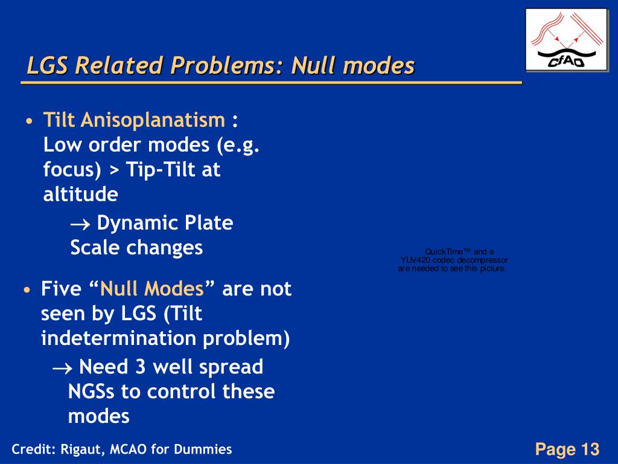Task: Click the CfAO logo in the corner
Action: click(565, 40)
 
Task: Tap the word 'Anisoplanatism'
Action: click(153, 121)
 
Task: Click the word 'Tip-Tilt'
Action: click(161, 170)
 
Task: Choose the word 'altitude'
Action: click(80, 195)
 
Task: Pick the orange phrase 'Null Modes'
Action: click(152, 289)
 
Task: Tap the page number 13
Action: click(590, 449)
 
